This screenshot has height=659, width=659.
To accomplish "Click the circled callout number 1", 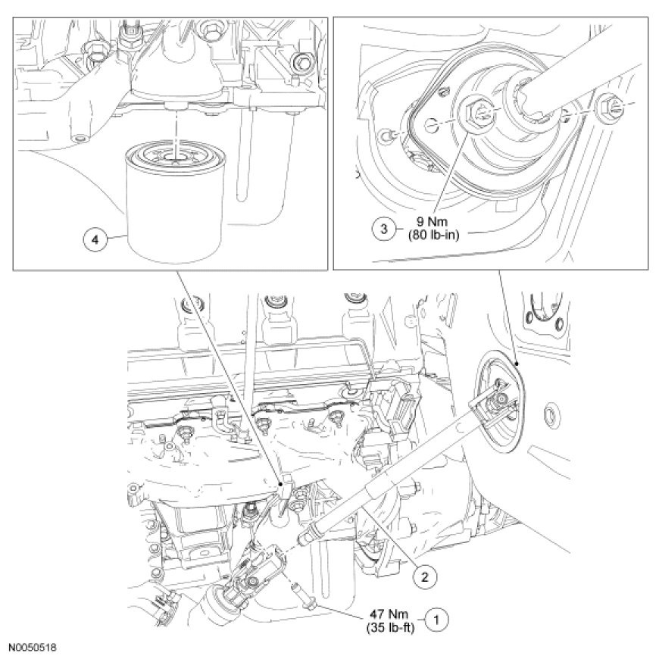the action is (436, 620).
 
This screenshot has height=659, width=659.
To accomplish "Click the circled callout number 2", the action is (424, 576).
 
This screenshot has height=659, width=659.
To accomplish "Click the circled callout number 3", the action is (384, 229).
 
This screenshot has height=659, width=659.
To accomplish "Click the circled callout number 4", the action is (95, 240).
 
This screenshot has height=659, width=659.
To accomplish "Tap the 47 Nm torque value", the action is (389, 614).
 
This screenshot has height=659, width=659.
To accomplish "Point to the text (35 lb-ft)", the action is (389, 628).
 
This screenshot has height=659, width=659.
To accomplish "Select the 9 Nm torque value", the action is (433, 221).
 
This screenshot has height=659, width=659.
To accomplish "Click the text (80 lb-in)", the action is (433, 235).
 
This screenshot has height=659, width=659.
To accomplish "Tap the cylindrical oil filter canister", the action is (176, 205).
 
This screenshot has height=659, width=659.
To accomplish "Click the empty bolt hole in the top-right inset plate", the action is (432, 124).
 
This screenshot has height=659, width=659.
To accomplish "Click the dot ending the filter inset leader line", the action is (280, 484).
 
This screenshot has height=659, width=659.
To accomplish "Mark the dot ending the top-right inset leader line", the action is (517, 363).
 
